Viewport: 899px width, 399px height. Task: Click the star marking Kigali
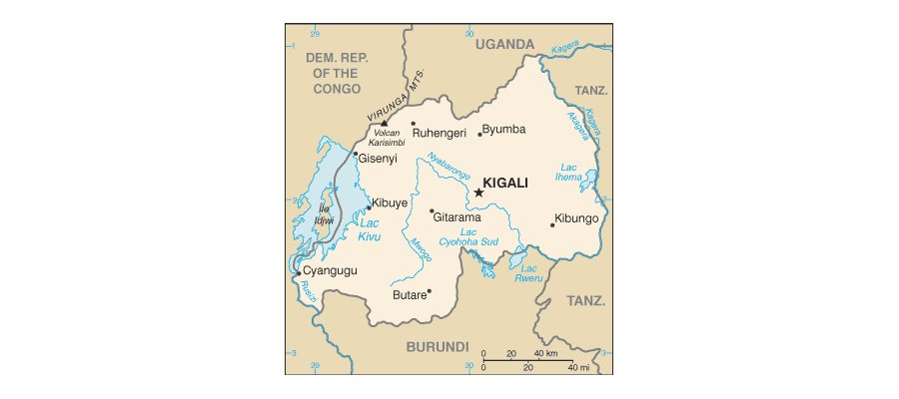477,193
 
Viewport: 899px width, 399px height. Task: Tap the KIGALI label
504,184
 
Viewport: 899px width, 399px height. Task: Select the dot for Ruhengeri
413,124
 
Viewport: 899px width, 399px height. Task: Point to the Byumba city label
505,130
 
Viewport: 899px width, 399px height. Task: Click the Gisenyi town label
378,159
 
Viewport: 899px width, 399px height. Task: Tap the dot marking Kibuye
368,208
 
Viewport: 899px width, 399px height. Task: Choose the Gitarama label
457,217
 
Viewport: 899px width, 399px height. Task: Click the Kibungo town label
576,218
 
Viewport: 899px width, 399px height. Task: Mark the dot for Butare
429,291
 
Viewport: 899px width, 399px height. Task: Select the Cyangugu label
330,270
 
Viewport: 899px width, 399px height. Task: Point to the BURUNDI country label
437,347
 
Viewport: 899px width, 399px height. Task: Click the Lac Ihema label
568,171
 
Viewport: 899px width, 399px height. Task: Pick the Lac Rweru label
529,273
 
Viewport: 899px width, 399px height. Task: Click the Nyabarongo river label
449,167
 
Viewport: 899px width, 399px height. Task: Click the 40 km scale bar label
544,354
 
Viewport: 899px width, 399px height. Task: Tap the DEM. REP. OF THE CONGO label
337,74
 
